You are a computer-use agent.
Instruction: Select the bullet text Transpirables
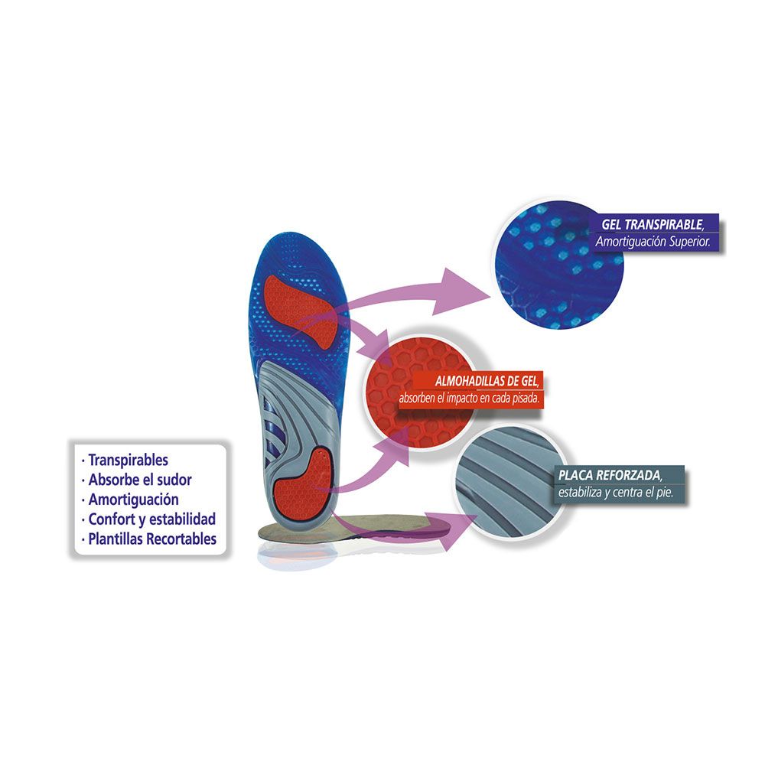coord(128,461)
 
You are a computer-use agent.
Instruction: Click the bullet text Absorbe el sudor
coord(139,480)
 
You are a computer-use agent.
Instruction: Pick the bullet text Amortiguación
coord(133,500)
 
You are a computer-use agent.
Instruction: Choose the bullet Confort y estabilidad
coord(151,519)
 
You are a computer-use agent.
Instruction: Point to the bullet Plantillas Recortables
coord(152,539)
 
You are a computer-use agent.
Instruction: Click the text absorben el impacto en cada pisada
coord(470,399)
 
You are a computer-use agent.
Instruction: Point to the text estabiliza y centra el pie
coord(616,493)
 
